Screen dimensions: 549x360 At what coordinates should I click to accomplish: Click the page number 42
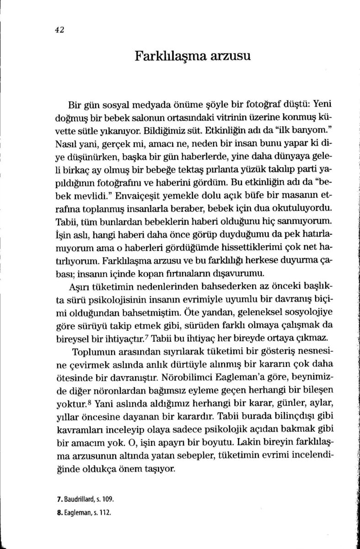(x=58, y=30)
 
